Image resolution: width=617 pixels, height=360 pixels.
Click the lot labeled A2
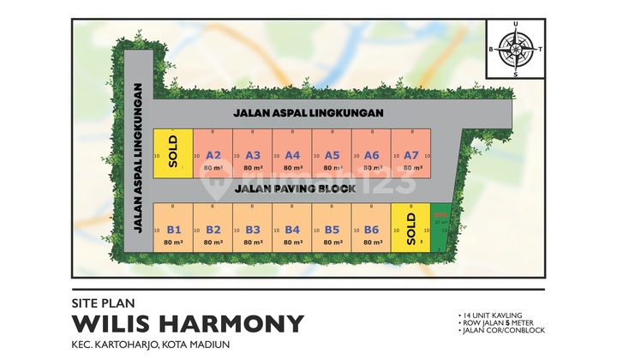pyautogui.click(x=214, y=155)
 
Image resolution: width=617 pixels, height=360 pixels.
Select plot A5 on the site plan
pyautogui.click(x=332, y=155)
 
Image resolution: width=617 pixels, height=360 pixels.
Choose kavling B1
pyautogui.click(x=174, y=229)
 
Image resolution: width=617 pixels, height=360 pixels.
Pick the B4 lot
pyautogui.click(x=292, y=229)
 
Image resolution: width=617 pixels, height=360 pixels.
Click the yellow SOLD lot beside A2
pyautogui.click(x=173, y=152)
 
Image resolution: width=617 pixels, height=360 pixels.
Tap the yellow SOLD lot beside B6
pyautogui.click(x=411, y=227)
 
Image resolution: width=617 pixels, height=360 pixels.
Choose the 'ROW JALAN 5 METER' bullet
pyautogui.click(x=498, y=323)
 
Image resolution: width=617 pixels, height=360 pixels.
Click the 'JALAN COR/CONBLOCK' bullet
pyautogui.click(x=498, y=330)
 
